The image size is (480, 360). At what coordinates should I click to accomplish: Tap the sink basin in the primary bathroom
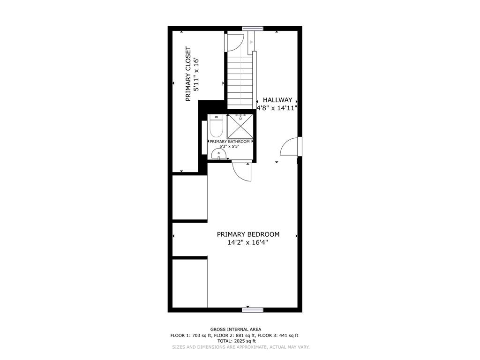point(219,154)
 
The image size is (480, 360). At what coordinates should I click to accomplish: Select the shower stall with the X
point(240,126)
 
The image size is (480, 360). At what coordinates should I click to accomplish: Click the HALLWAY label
point(277,100)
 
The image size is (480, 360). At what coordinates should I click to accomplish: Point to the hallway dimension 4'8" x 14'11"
point(277,108)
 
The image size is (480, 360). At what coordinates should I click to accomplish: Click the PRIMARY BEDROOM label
point(248,234)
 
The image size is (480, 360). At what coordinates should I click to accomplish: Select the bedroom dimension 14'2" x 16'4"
point(248,243)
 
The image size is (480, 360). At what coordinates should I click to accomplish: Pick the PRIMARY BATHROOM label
point(230,142)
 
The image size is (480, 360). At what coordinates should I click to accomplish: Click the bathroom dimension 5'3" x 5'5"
point(229,146)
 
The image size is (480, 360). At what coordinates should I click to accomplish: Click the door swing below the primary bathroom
point(242,172)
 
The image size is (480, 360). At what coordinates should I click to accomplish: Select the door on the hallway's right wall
point(291,146)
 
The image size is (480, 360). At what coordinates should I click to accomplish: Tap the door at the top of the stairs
point(234,42)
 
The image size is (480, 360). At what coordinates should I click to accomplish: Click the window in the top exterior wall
point(253,29)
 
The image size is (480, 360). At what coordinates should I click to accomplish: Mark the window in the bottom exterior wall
point(253,310)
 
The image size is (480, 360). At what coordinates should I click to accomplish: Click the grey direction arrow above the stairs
point(250,42)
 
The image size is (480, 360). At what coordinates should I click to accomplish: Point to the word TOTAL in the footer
point(225,341)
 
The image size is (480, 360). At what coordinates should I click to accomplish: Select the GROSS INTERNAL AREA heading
point(236,330)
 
